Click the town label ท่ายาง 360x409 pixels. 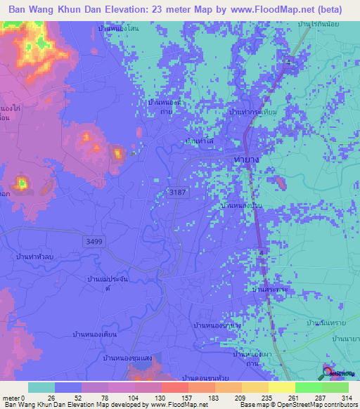[247, 161]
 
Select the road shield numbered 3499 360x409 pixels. [94, 241]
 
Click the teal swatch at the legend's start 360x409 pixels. [41, 387]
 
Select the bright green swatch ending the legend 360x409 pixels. [335, 387]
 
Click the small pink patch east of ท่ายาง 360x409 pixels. [281, 183]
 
